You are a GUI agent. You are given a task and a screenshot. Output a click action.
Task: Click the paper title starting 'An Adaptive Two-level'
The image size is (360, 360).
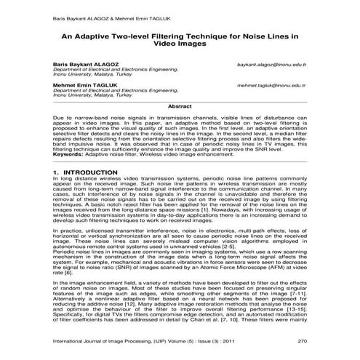(x=179, y=39)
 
